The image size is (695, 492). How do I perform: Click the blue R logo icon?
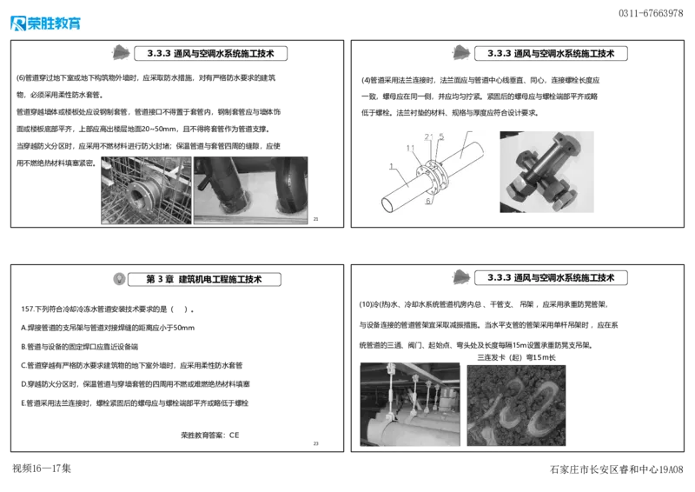coord(17,23)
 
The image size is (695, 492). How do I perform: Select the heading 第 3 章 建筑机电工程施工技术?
coord(205,279)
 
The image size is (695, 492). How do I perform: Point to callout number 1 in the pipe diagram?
coord(392,165)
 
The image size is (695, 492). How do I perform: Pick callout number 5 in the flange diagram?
coord(441,136)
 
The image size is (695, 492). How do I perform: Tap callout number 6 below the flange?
coord(429,201)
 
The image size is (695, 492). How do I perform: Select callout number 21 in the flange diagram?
coord(428,136)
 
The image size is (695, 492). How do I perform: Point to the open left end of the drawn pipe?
coord(387,205)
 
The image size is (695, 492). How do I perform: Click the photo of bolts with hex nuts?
coord(545,170)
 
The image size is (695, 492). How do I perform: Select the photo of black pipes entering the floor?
coord(251,190)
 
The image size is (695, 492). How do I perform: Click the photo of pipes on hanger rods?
coord(408,405)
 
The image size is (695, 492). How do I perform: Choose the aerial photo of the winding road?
coord(517,405)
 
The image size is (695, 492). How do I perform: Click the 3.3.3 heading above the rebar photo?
coord(211,53)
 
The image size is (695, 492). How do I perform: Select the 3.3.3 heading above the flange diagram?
coord(552,53)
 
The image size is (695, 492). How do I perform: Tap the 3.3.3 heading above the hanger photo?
coord(552,277)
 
